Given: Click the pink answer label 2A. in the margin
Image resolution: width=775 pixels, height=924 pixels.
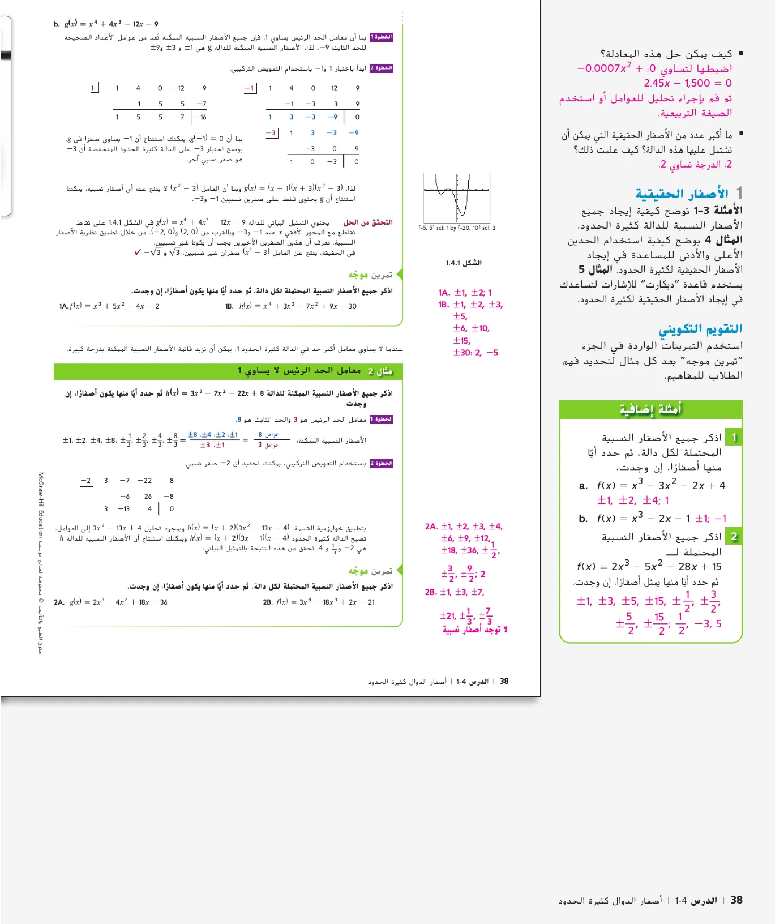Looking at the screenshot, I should tap(431, 526).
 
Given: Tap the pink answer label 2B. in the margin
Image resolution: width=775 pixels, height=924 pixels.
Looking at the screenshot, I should tap(431, 592).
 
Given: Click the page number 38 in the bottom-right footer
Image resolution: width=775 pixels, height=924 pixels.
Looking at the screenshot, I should tap(736, 900).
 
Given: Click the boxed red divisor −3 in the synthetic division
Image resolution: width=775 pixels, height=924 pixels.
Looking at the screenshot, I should tap(271, 133).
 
